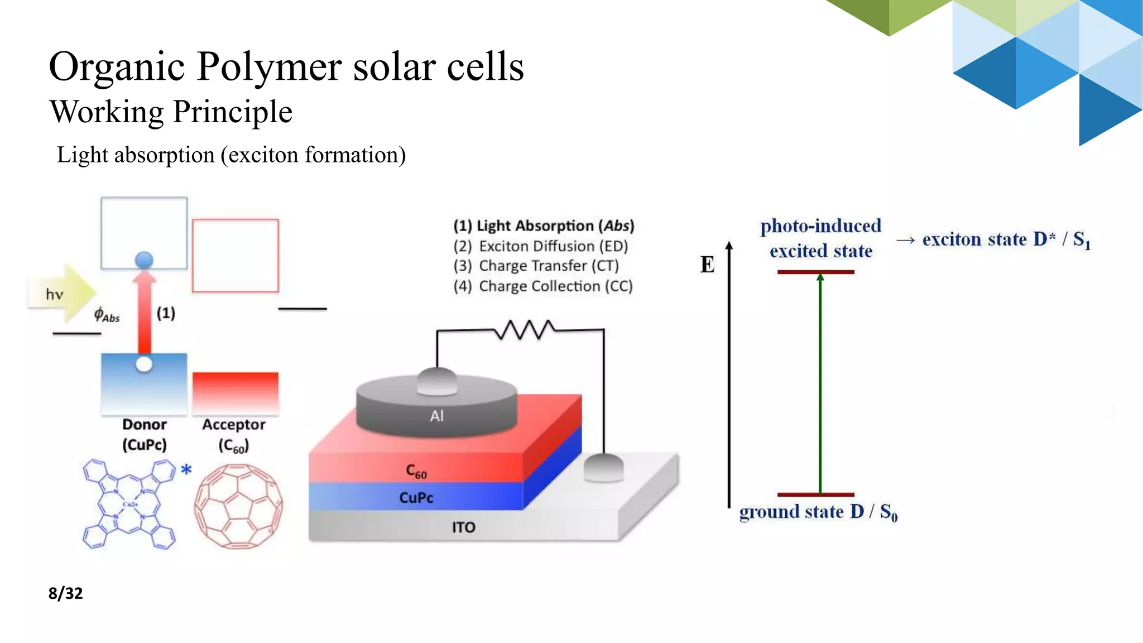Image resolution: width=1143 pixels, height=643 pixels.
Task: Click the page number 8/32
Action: pos(65,593)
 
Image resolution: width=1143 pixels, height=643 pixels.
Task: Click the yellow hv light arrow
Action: pos(61,294)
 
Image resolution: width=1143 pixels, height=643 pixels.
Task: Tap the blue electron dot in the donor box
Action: pos(144,260)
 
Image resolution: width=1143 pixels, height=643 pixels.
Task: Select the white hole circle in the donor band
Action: pos(144,364)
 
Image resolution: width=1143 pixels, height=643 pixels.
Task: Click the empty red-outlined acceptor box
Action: pos(235,256)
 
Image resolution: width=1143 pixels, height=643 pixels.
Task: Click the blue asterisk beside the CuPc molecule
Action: pos(186,470)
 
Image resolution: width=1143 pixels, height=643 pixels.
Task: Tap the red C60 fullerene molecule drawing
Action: pos(238,507)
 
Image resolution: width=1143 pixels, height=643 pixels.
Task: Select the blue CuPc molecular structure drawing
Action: pos(129,505)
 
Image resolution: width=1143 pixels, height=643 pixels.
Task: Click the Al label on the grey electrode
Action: pos(436,416)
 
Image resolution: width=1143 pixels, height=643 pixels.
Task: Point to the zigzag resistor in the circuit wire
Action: pos(524,330)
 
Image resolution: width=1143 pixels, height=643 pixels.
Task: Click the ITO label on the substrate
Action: pos(463,527)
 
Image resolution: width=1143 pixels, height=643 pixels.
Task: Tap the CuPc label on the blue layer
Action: pos(416,497)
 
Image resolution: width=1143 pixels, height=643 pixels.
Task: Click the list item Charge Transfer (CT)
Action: pos(536,266)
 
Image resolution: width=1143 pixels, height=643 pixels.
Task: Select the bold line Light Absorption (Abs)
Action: pos(544,225)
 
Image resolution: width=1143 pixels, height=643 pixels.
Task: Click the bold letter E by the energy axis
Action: pos(707,265)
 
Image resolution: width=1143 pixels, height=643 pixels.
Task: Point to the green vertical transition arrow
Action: pos(820,385)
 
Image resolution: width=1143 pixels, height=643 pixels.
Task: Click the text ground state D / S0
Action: pos(818,512)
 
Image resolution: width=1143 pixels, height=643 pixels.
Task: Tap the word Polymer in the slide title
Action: pos(269,67)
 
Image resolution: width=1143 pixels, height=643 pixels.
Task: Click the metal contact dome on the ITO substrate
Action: pos(603,467)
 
